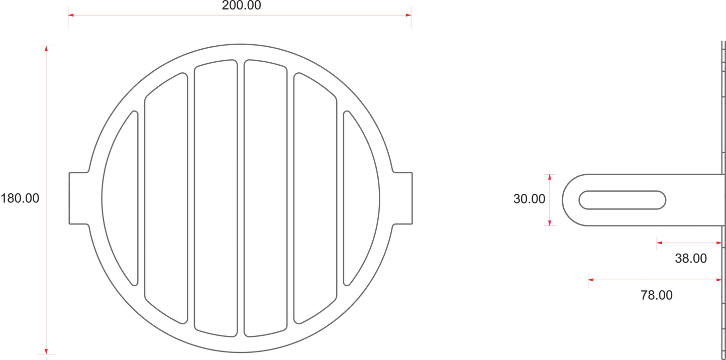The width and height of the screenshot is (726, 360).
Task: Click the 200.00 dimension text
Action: pyautogui.click(x=241, y=6)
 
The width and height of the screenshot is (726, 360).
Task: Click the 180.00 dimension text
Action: pyautogui.click(x=20, y=198)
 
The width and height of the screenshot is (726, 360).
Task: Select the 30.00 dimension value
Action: pyautogui.click(x=529, y=199)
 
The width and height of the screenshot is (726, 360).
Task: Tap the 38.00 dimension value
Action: pyautogui.click(x=690, y=259)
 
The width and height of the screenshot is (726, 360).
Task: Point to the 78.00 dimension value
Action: pyautogui.click(x=656, y=295)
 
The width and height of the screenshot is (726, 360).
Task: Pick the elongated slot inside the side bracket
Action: pyautogui.click(x=622, y=200)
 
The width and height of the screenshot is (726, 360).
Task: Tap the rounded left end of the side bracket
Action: pyautogui.click(x=570, y=200)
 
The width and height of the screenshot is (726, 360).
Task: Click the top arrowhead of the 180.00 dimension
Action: pyautogui.click(x=46, y=49)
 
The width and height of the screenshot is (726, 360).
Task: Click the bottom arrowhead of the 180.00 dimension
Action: pyautogui.click(x=46, y=351)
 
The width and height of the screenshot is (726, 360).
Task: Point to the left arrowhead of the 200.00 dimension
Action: pyautogui.click(x=71, y=15)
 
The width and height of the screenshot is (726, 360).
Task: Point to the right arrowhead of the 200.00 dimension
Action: pyautogui.click(x=408, y=15)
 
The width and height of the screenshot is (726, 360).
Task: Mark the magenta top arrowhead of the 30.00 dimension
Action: pyautogui.click(x=550, y=177)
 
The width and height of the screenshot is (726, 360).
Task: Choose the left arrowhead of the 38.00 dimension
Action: pyautogui.click(x=660, y=243)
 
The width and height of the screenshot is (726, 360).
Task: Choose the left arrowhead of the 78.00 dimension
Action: pyautogui.click(x=591, y=280)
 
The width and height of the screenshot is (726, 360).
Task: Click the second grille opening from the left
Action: pyautogui.click(x=166, y=198)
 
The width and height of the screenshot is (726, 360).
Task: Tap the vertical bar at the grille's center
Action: pyautogui.click(x=241, y=198)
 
